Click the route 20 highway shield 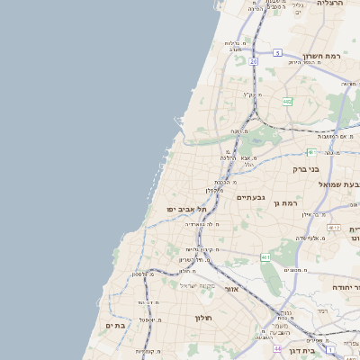(254, 61)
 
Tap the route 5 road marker (278, 53)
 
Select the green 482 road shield (287, 101)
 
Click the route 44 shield (278, 347)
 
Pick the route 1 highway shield (331, 348)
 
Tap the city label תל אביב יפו (187, 209)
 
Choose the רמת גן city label (284, 203)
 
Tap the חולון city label (202, 318)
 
